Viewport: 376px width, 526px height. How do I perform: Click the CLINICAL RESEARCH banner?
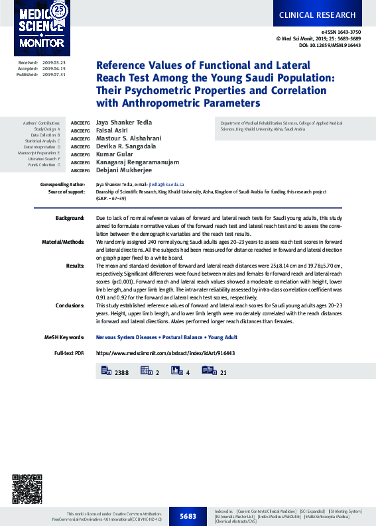[x=317, y=15]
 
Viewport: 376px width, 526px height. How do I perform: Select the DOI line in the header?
[x=330, y=45]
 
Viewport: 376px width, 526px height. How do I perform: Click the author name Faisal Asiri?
[x=113, y=131]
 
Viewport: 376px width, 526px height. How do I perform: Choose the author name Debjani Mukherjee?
[x=124, y=170]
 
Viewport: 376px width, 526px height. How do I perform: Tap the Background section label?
[x=70, y=217]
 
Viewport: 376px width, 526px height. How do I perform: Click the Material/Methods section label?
[x=63, y=241]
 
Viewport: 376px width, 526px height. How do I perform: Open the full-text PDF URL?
[x=166, y=354]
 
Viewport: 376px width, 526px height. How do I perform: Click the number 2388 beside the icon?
[x=121, y=373]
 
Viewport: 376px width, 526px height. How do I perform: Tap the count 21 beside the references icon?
[x=223, y=373]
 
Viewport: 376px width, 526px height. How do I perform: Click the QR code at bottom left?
[x=27, y=490]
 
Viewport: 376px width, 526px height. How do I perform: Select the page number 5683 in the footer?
[x=188, y=516]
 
